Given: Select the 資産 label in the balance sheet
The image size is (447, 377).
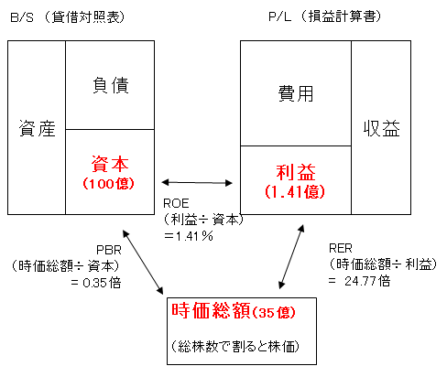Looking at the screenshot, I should (36, 130).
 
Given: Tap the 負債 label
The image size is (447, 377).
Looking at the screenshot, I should (110, 86).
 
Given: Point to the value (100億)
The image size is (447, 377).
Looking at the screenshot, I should (110, 184).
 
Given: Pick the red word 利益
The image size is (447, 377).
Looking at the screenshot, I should (296, 172).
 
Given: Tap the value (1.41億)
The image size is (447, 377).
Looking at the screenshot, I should (296, 192).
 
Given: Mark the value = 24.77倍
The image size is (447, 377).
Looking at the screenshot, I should (362, 280).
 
